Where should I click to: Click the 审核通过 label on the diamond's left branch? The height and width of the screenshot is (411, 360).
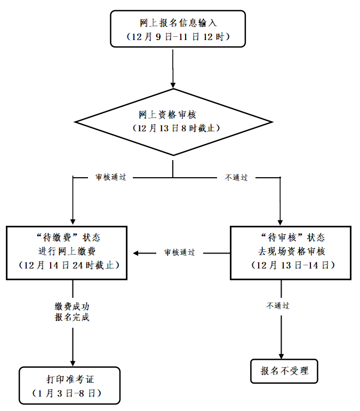110,178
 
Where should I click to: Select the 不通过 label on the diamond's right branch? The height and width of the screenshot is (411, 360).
236,178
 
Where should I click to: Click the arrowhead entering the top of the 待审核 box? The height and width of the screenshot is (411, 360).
279,221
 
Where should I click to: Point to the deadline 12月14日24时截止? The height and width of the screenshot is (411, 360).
67,265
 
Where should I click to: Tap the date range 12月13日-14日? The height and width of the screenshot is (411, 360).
291,265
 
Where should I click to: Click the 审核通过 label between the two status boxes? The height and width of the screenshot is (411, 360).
179,252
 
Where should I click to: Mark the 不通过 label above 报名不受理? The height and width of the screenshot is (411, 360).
278,306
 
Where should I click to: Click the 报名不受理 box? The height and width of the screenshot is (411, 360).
284,370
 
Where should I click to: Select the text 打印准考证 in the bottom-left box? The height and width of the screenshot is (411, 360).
70,380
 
